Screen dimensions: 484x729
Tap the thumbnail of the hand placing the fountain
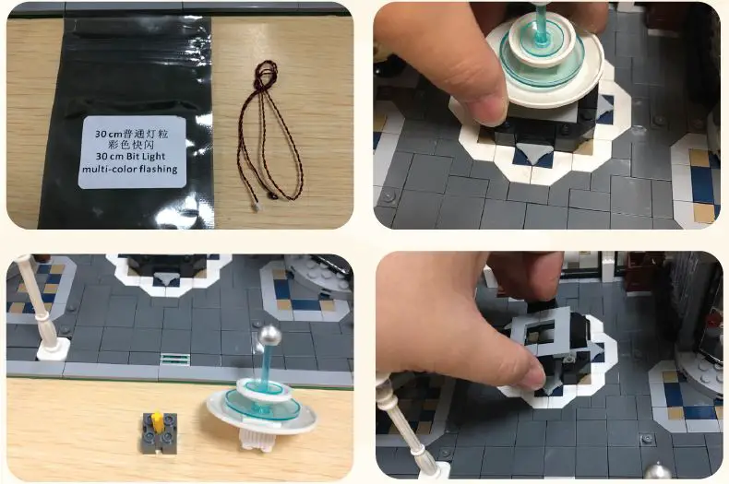click(547, 114)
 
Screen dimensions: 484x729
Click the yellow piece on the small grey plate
click(157, 421)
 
